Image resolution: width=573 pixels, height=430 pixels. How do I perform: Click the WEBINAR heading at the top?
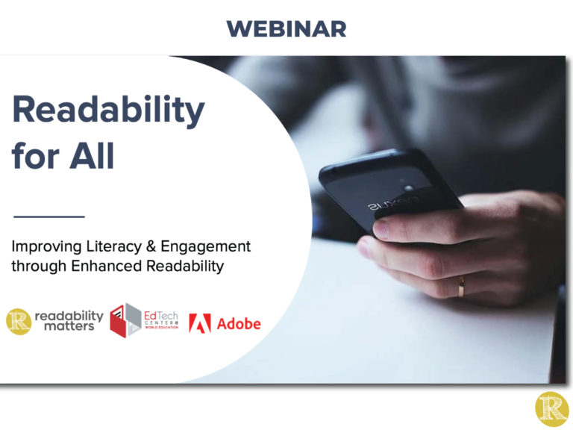286,29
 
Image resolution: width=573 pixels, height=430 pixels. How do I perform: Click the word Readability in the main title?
107,111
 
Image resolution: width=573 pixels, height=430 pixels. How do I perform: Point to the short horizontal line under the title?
49,216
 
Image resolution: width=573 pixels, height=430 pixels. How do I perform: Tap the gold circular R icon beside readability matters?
19,321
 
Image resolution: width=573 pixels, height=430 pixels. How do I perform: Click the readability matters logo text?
69,321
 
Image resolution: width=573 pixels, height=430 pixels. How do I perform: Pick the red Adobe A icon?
199,323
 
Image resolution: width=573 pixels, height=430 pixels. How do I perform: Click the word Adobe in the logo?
239,323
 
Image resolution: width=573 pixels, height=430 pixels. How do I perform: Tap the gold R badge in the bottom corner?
551,409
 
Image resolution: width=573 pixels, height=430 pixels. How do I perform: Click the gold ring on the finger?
461,285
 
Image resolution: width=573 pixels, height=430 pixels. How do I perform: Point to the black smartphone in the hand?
388,187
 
